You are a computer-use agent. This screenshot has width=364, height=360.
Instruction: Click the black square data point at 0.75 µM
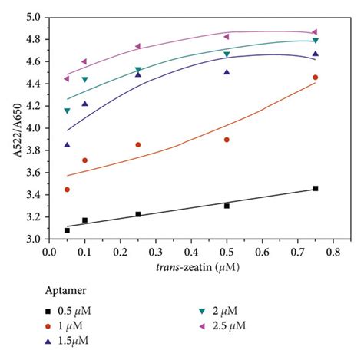click(x=315, y=188)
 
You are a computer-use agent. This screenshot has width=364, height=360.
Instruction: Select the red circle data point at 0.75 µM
click(x=315, y=78)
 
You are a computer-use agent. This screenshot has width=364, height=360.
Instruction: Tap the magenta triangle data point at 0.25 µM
click(x=138, y=46)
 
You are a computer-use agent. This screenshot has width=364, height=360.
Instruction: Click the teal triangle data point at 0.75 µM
click(x=315, y=41)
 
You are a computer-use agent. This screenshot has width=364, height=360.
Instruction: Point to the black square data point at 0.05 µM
click(x=67, y=230)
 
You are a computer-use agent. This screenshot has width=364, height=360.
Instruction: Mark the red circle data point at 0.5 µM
click(x=227, y=140)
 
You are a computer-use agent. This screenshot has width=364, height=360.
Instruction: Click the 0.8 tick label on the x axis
click(x=333, y=250)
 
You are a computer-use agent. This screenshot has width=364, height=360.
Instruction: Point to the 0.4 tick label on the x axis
click(x=191, y=250)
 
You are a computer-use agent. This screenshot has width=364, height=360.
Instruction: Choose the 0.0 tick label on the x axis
click(x=49, y=250)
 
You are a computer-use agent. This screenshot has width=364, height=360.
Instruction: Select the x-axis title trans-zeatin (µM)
click(x=191, y=266)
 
